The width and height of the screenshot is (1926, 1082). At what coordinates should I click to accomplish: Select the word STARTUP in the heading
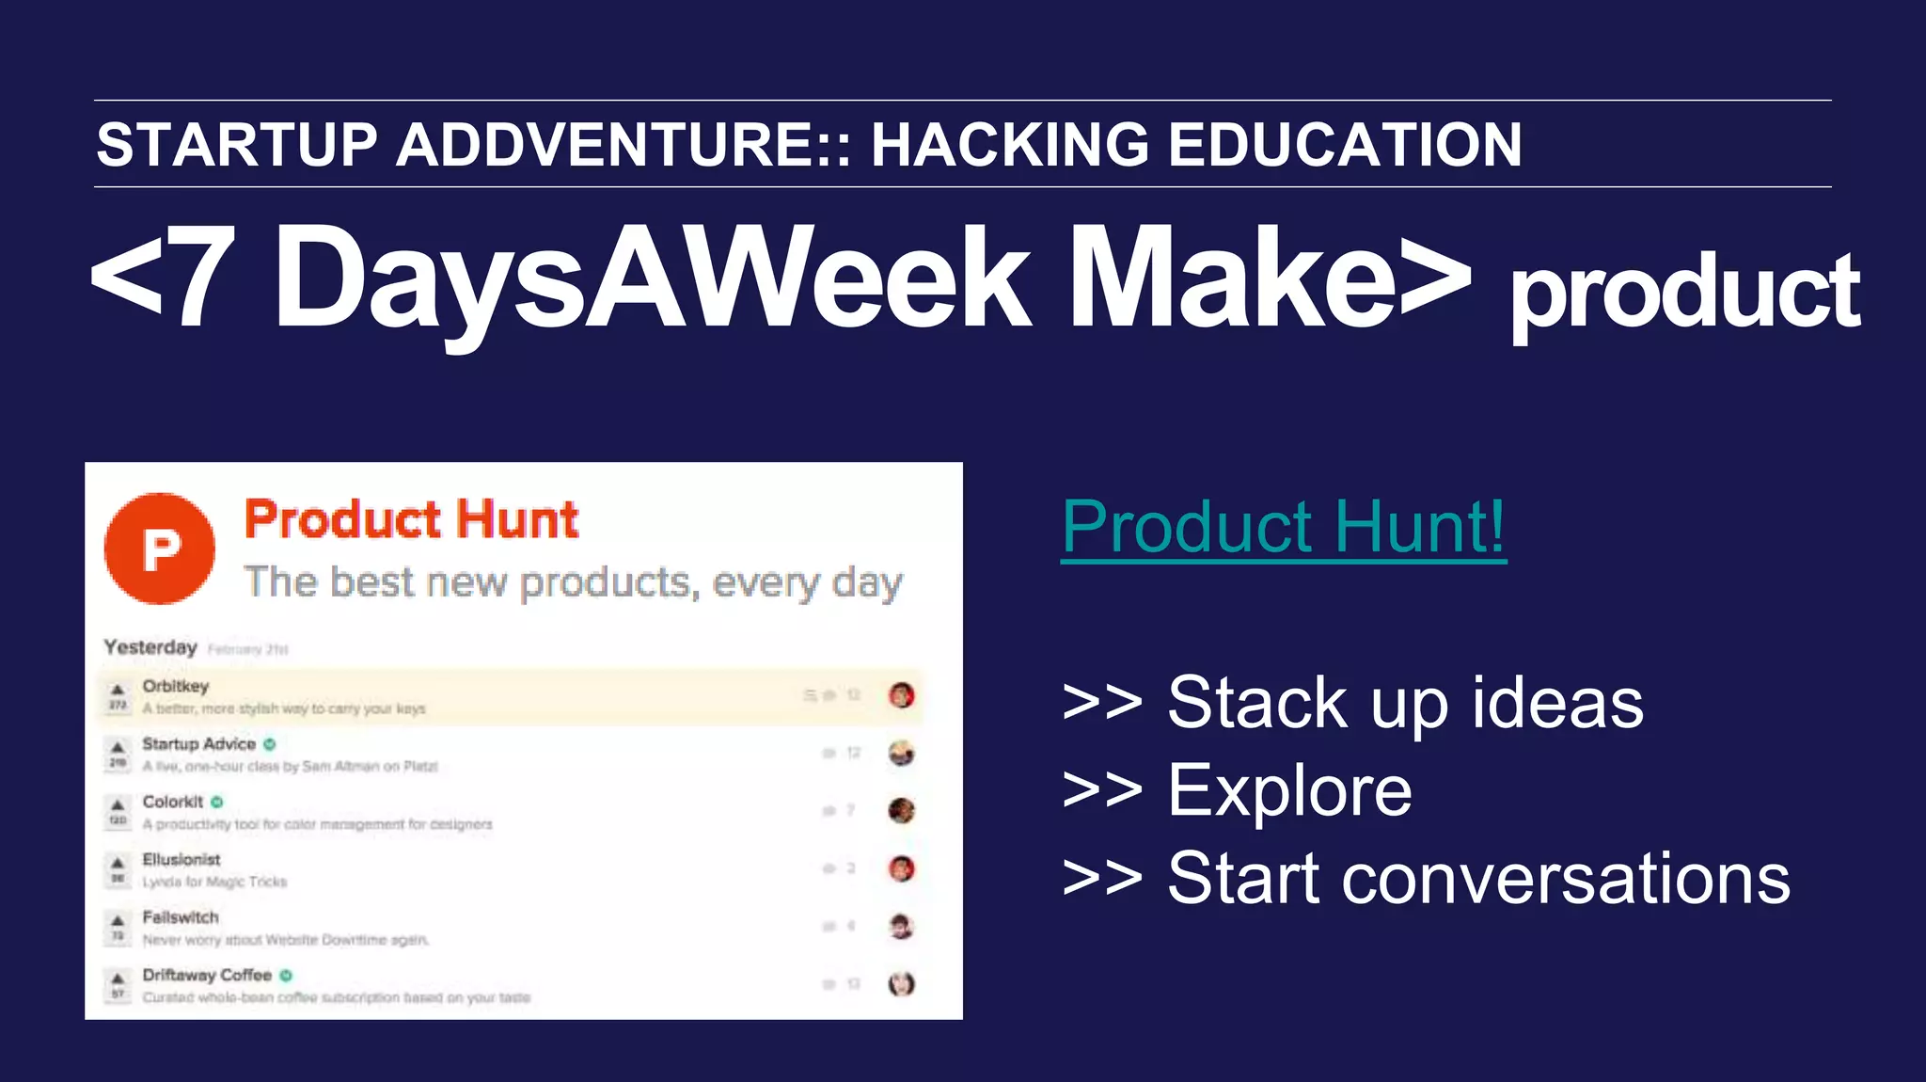[237, 145]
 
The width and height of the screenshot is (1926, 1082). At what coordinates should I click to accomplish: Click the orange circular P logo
[160, 548]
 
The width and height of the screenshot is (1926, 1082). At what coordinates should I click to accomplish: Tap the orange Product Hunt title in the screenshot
[411, 519]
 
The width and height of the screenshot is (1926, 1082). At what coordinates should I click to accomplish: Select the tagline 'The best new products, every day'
[573, 582]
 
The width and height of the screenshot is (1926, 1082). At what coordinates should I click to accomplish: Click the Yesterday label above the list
[150, 647]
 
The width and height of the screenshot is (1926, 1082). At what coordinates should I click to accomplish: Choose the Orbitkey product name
[176, 686]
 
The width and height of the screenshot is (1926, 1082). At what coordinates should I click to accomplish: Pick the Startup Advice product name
[198, 743]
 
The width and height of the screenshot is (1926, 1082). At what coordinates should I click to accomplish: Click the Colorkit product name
[173, 802]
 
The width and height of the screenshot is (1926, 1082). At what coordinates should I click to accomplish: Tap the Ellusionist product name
[182, 859]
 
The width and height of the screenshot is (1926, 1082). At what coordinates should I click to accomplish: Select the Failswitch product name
[181, 917]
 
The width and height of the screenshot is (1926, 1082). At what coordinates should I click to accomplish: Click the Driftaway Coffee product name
[207, 975]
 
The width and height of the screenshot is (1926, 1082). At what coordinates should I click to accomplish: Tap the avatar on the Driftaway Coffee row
[901, 984]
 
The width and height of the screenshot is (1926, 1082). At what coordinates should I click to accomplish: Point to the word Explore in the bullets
[1289, 791]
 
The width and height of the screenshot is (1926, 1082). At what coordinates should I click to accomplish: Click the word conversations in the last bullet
[1566, 879]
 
